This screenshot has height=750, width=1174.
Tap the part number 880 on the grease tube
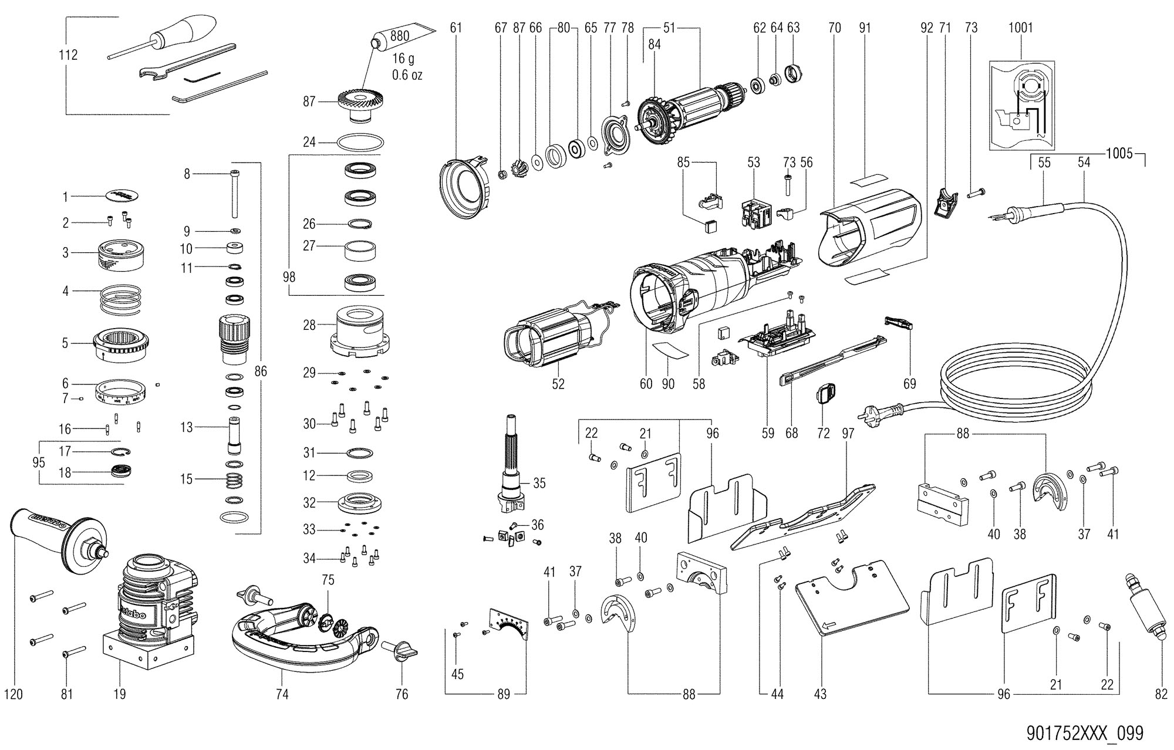tap(400, 36)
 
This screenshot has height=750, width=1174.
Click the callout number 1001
tap(1020, 28)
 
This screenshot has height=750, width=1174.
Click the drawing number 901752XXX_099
tap(1085, 733)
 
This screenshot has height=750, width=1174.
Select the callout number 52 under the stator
tap(558, 384)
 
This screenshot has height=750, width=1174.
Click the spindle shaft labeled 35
tap(510, 469)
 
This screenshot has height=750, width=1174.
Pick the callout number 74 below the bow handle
tap(282, 694)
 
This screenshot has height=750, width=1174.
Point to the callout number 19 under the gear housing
tap(119, 694)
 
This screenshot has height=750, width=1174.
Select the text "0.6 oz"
tap(407, 75)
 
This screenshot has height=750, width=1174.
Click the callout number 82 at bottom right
tap(1160, 694)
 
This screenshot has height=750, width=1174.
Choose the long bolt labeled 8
tap(234, 194)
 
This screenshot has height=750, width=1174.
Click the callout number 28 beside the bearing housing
tap(309, 325)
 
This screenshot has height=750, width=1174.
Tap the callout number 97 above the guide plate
tap(848, 434)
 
